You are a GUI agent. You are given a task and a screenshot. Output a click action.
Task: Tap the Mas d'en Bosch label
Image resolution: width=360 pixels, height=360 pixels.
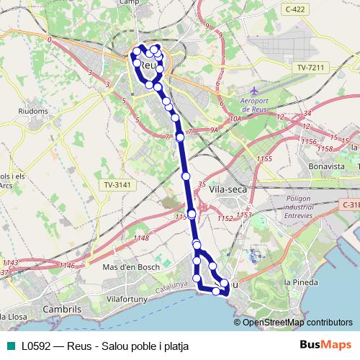(130, 267)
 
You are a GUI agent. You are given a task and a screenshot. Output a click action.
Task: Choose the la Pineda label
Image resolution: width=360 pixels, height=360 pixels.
(301, 282)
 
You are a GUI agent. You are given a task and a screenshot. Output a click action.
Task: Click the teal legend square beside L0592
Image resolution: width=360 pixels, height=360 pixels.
(9, 346)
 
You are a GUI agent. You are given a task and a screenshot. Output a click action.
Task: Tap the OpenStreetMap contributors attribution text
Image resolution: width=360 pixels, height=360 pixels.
(297, 323)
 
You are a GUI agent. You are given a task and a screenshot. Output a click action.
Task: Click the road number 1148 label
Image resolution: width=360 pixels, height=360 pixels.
(141, 238)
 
